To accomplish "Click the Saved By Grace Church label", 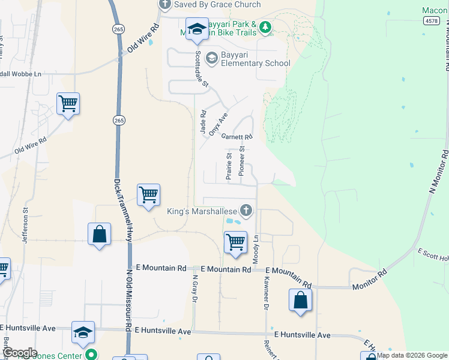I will coord(217,5).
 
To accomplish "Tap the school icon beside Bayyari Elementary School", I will coord(211,58).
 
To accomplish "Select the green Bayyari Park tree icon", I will coord(265,27).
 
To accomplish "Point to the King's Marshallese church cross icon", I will coord(246,210).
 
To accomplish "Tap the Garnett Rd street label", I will coord(237,136).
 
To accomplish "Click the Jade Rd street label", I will coord(203,121).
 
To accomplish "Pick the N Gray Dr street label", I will coord(195,289).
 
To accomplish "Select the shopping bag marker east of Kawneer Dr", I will coord(300,300).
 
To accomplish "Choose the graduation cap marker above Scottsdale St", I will coord(196,29).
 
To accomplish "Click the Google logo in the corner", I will coord(19,353).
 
